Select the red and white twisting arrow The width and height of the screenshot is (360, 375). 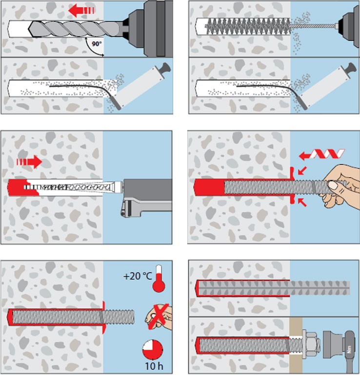pos(322,155)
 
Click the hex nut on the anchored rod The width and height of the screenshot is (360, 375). pos(310,340)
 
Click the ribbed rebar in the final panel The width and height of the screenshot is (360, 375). pos(273,288)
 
